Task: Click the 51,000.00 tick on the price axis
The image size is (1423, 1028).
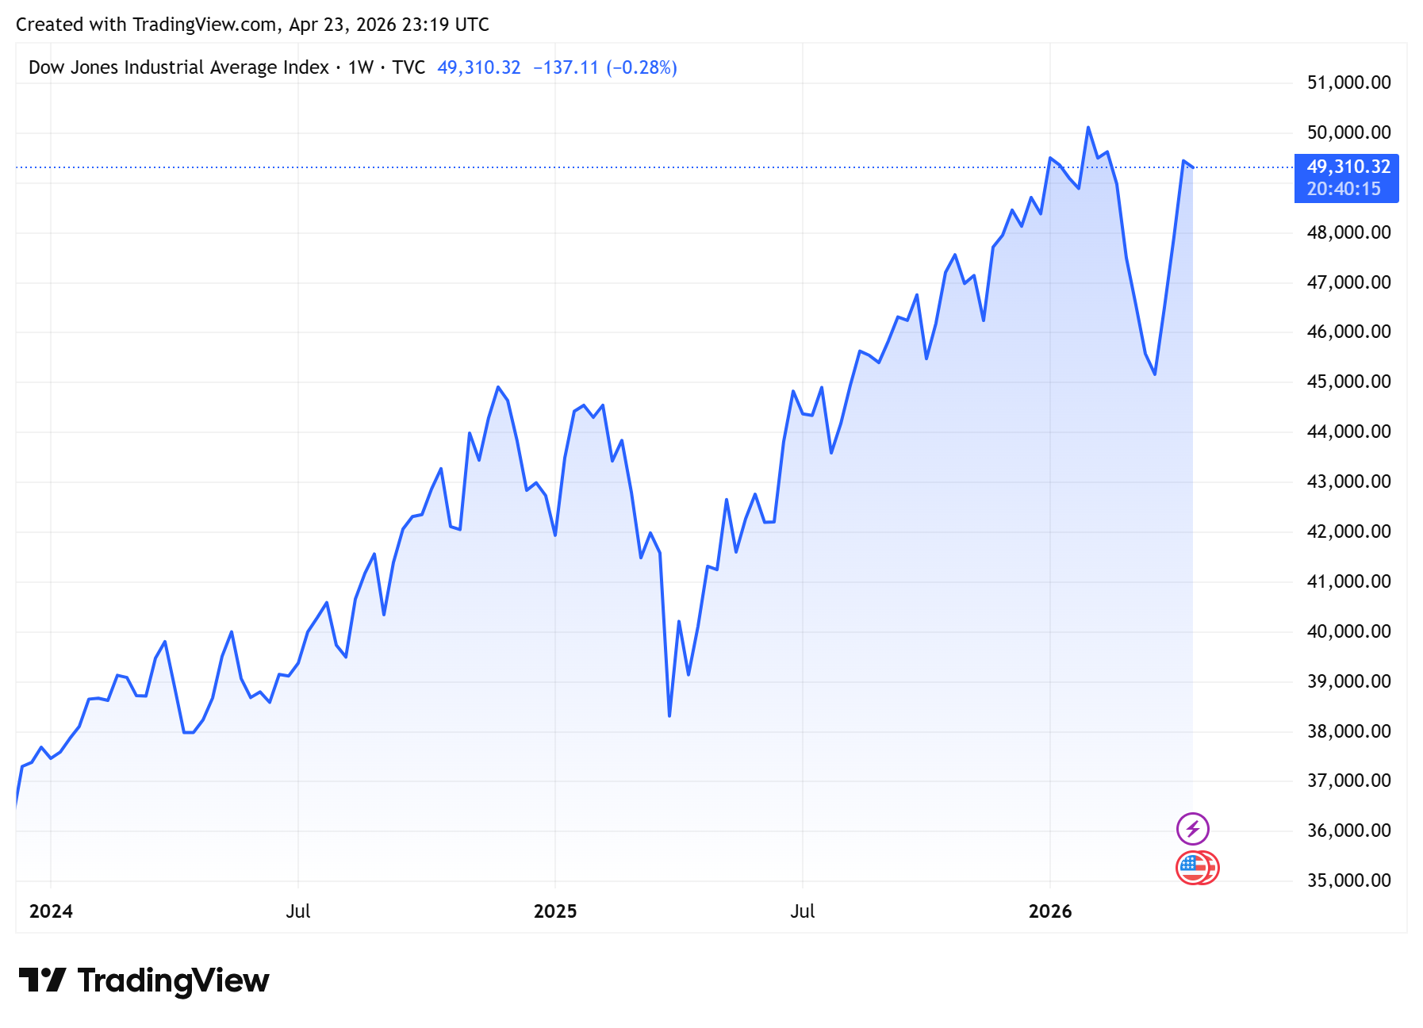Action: pos(1348,82)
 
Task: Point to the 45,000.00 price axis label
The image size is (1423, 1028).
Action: pos(1348,382)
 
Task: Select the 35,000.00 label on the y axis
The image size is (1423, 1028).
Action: pos(1348,880)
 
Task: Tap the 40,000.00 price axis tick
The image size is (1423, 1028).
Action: pos(1348,631)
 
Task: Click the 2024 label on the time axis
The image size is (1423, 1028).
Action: pos(51,911)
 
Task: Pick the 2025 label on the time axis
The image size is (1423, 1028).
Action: pos(555,911)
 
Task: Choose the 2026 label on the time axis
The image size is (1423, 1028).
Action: pos(1050,911)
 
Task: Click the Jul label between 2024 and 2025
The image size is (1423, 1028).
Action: pos(298,911)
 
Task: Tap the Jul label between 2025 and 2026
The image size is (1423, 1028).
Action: pos(803,911)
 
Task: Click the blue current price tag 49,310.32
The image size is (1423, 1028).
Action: pos(1348,167)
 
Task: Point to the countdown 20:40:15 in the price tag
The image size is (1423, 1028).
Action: pos(1344,189)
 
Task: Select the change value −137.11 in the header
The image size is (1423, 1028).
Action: pos(566,67)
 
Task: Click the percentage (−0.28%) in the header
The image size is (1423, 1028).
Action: pos(642,67)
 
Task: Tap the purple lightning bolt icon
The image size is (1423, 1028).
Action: pos(1192,829)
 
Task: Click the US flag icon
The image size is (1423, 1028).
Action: pos(1193,868)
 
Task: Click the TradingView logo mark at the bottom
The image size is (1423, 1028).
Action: pos(42,980)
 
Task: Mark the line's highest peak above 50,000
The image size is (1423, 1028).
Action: pos(1088,127)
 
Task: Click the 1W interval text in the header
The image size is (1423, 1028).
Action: pos(361,67)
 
